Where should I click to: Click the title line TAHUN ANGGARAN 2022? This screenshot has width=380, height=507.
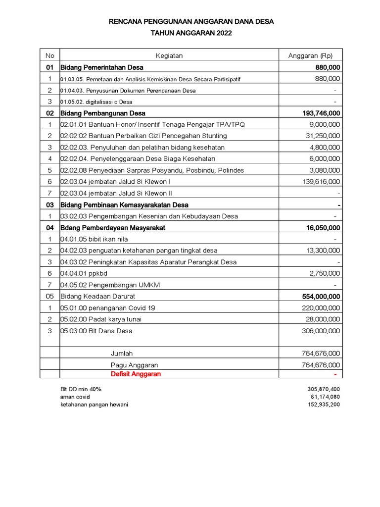[x=190, y=33]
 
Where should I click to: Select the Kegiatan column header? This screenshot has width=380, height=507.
[x=169, y=55]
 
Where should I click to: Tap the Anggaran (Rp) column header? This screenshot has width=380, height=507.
[x=310, y=55]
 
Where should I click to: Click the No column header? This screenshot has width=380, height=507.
[x=50, y=55]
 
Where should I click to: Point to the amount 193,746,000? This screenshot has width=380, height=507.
[x=321, y=113]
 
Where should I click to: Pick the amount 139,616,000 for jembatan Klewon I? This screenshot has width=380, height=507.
[x=321, y=182]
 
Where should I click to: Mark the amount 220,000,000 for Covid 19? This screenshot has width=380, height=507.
[x=321, y=308]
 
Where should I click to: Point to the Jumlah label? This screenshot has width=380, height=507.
[x=121, y=354]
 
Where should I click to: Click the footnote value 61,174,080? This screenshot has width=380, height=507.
[x=324, y=397]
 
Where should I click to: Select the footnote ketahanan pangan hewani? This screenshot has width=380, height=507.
[x=94, y=405]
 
